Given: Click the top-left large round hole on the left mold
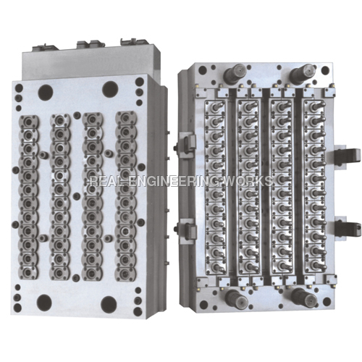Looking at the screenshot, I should (x=45, y=92).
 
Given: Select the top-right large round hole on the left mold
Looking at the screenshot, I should (x=110, y=89).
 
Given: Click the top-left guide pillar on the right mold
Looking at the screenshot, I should (x=236, y=73).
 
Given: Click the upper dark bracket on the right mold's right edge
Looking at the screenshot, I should (x=350, y=156).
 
